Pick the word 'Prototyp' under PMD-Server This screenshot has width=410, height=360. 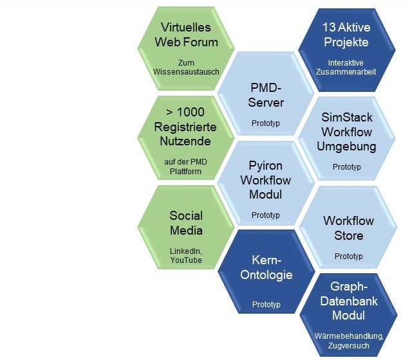266,122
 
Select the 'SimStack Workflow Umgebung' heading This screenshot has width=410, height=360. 346,132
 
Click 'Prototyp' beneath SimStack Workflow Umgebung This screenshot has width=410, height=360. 346,167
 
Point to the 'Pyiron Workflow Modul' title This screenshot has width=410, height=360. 266,181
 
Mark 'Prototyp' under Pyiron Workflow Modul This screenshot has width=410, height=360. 266,215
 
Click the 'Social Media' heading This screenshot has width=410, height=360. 186,222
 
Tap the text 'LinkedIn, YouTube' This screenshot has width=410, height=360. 186,255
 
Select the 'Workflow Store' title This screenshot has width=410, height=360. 348,228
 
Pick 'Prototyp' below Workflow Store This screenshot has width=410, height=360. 348,256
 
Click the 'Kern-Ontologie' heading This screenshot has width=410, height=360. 266,268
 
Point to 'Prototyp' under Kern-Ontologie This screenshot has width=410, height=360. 266,304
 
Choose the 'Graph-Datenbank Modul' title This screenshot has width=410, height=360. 348,301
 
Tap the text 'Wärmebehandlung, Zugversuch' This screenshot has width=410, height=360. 348,340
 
